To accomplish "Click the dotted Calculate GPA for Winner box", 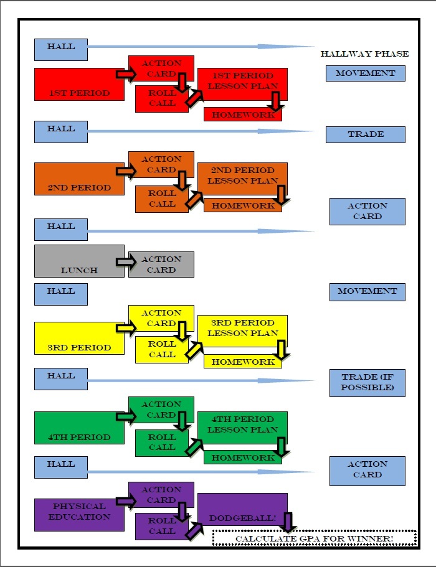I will pyautogui.click(x=314, y=538).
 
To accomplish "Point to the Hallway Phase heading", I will pyautogui.click(x=364, y=54).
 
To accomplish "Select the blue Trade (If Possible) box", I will pyautogui.click(x=367, y=382).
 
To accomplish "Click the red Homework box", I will pyautogui.click(x=243, y=115).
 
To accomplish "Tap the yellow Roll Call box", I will pyautogui.click(x=161, y=349).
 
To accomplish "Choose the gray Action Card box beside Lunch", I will pyautogui.click(x=161, y=265).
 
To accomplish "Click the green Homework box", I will pyautogui.click(x=243, y=458).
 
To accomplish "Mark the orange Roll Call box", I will pyautogui.click(x=161, y=199).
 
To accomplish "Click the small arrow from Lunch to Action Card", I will pyautogui.click(x=125, y=261).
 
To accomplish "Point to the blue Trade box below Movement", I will pyautogui.click(x=366, y=134).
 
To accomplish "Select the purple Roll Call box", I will pyautogui.click(x=161, y=526).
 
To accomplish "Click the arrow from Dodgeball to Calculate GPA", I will pyautogui.click(x=288, y=522).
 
